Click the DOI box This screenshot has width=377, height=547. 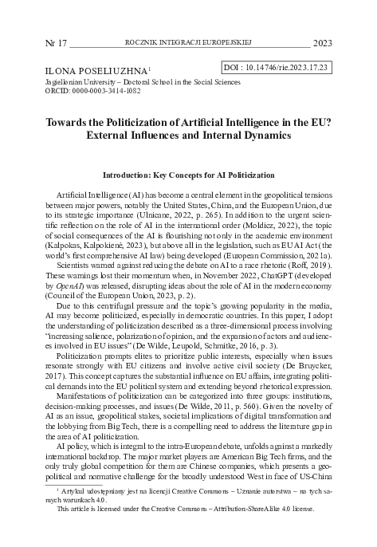(273, 69)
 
